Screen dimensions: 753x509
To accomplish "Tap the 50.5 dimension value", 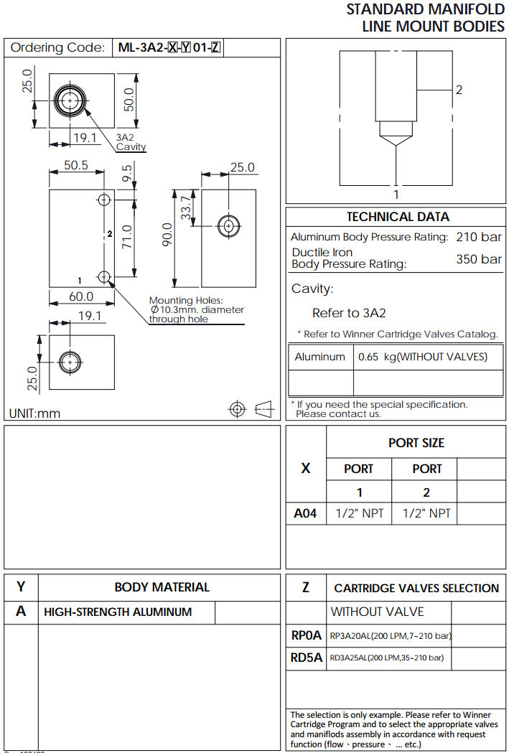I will click(x=75, y=165).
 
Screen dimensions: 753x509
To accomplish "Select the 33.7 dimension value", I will click(x=187, y=208).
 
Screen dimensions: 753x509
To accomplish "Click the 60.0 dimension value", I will click(x=80, y=296).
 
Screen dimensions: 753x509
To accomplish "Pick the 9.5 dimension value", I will click(x=127, y=173).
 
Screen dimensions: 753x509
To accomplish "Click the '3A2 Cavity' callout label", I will click(x=131, y=142).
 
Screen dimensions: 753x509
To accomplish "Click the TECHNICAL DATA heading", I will click(x=397, y=217).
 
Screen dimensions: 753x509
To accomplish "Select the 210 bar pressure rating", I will click(x=479, y=237).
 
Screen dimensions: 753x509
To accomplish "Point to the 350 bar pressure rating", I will click(x=479, y=259).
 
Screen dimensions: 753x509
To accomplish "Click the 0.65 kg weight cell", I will click(x=422, y=357).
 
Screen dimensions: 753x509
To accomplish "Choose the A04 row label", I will click(x=305, y=513).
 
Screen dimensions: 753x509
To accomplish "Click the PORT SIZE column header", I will click(x=416, y=443).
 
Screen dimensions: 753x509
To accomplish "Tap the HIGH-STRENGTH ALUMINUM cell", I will click(x=118, y=612).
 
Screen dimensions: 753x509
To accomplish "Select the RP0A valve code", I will click(x=307, y=635).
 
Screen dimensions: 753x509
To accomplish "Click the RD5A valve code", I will click(x=307, y=657).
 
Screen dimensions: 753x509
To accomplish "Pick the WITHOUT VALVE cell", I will click(x=377, y=612).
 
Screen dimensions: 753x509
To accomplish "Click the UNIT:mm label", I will click(x=34, y=413).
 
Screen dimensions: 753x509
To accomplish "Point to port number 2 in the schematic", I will click(x=458, y=90).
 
